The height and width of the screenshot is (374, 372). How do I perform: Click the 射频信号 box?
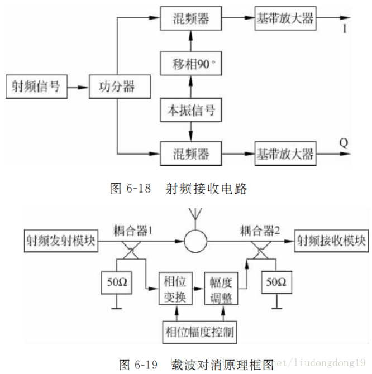coord(36,87)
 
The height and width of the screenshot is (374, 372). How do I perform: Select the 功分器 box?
coord(117,87)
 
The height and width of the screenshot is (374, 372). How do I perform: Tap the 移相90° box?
coord(191,65)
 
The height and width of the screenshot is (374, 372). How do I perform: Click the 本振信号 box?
coord(191,110)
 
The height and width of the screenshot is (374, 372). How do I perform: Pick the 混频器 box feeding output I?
coord(191,18)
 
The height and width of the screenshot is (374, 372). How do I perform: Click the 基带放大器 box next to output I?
coord(285,18)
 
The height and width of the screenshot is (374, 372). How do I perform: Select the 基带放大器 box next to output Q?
coord(285,153)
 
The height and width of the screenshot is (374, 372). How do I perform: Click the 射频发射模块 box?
coord(59,241)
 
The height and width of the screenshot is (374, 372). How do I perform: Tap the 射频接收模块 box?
coord(331,241)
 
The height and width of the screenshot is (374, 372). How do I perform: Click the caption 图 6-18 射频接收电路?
coord(178,189)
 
